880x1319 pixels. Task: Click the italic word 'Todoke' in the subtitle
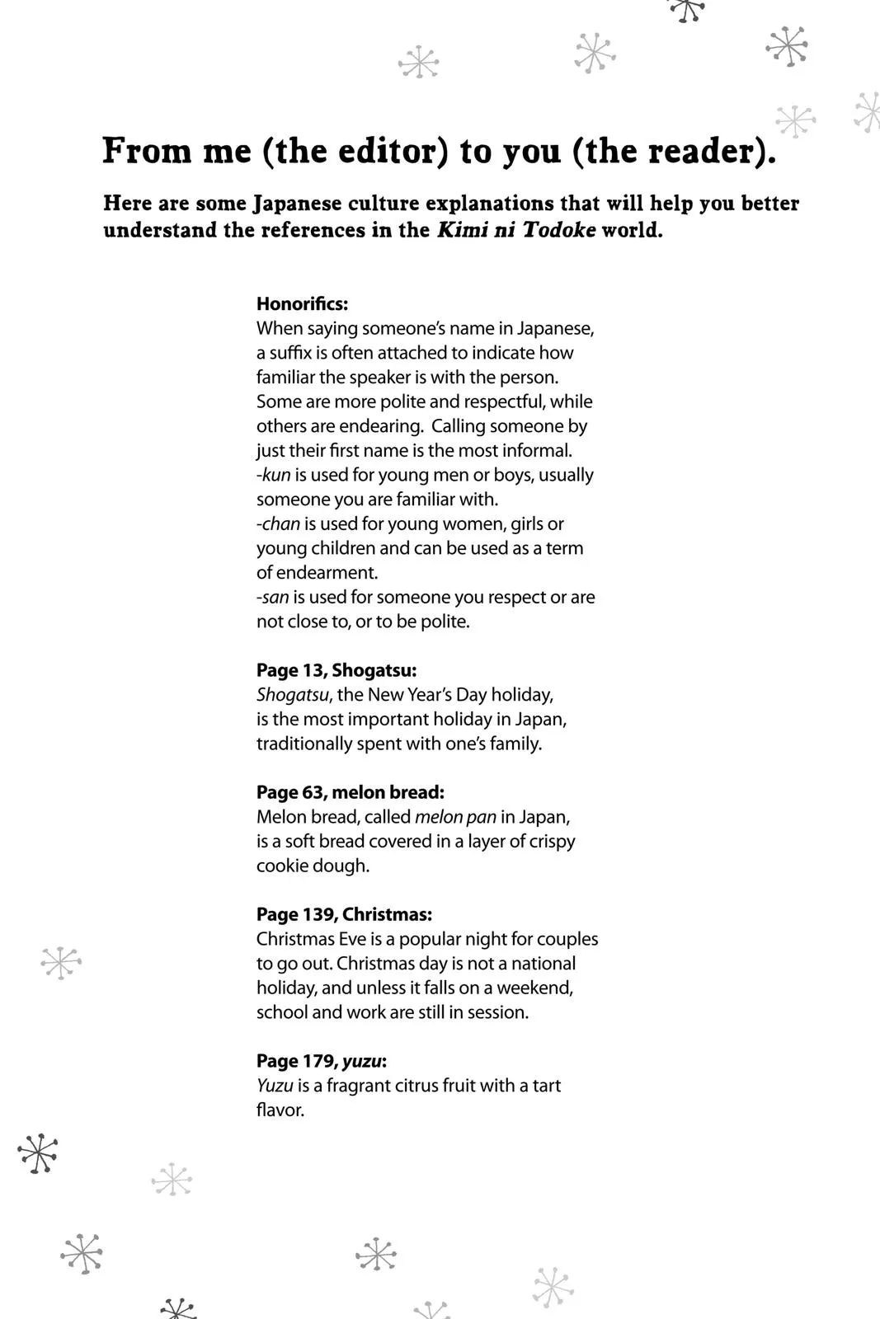[x=559, y=230]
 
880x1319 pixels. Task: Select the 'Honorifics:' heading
[x=302, y=303]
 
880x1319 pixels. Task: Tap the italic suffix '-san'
[x=273, y=597]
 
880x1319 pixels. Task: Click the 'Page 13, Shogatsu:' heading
[x=336, y=670]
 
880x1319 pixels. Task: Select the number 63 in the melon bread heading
[x=313, y=792]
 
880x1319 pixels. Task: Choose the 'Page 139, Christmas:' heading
[x=344, y=914]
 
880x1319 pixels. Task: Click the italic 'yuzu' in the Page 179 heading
[x=361, y=1061]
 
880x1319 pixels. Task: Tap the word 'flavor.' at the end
[x=280, y=1110]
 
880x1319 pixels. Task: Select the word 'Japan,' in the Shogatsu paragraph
[x=541, y=719]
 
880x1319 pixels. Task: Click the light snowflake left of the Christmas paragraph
[x=61, y=962]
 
